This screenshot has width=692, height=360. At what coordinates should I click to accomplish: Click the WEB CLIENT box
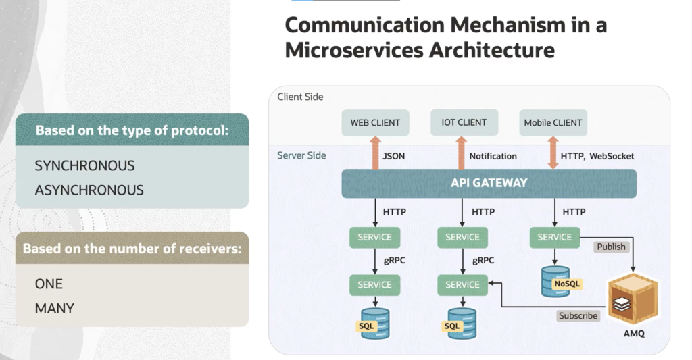coord(375,123)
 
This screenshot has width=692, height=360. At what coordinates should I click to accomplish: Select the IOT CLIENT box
coord(464,123)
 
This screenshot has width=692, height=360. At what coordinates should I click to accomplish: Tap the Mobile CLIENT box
coord(553,123)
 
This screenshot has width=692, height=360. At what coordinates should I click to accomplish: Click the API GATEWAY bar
coord(489,183)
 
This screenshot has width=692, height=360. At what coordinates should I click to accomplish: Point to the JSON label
coord(394,156)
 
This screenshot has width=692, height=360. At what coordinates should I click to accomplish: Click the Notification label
coord(493,156)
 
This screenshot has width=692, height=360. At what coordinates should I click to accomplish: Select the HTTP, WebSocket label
coord(597,156)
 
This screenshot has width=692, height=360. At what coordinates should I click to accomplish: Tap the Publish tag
coord(611,247)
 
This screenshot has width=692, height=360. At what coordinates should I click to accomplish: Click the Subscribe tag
coord(578,315)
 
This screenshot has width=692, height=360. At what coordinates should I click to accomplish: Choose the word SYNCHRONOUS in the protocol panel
coord(84,165)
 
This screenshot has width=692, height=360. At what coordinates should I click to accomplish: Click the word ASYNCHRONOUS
coord(89,190)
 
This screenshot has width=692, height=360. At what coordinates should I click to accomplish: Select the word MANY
coord(54,308)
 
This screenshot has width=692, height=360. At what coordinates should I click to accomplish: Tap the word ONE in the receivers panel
coord(49,284)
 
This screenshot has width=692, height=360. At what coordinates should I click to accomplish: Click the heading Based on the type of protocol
coord(132,130)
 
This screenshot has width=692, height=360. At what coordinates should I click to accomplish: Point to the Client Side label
coord(300,97)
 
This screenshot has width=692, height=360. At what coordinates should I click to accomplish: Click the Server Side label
coord(301,155)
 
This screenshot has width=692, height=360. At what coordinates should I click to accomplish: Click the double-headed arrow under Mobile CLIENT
coord(553,153)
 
